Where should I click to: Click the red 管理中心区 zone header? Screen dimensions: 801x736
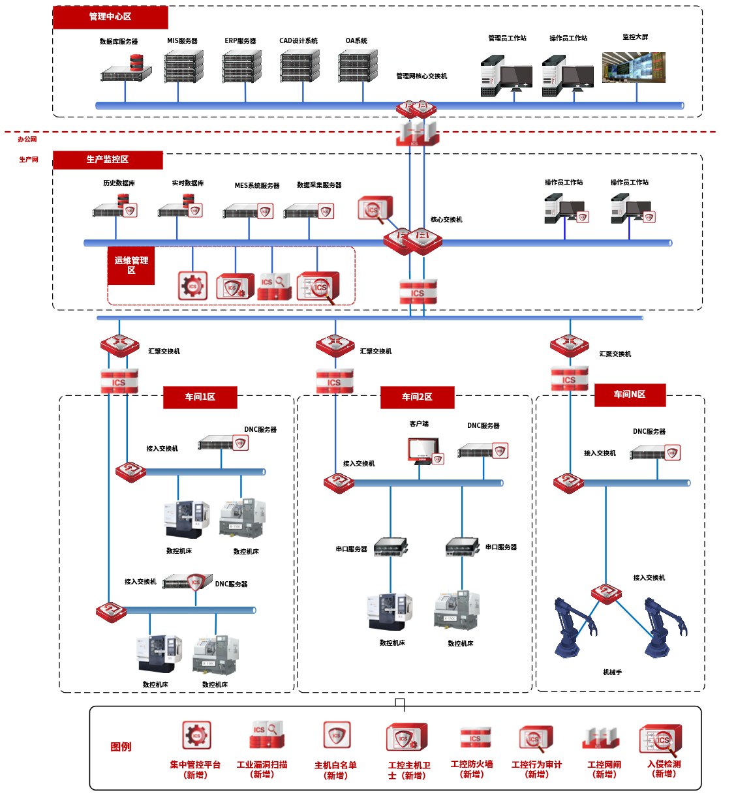(110, 17)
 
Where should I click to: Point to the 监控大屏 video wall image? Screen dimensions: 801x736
(634, 67)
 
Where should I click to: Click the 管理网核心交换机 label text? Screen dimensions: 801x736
(422, 76)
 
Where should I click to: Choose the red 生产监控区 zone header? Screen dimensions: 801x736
(108, 160)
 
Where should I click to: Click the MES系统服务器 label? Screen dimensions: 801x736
(257, 186)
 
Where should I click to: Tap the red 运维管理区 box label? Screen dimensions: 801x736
(131, 265)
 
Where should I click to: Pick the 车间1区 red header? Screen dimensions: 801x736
(200, 397)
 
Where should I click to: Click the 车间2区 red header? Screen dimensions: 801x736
(417, 397)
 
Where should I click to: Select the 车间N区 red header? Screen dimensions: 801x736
(630, 395)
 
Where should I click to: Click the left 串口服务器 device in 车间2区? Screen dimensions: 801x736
(390, 547)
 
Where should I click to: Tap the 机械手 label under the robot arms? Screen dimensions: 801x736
(612, 673)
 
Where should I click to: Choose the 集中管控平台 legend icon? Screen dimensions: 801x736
(196, 736)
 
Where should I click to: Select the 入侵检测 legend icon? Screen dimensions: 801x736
(660, 740)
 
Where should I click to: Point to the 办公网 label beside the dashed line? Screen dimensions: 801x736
(27, 140)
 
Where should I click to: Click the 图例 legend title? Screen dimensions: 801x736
(121, 747)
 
